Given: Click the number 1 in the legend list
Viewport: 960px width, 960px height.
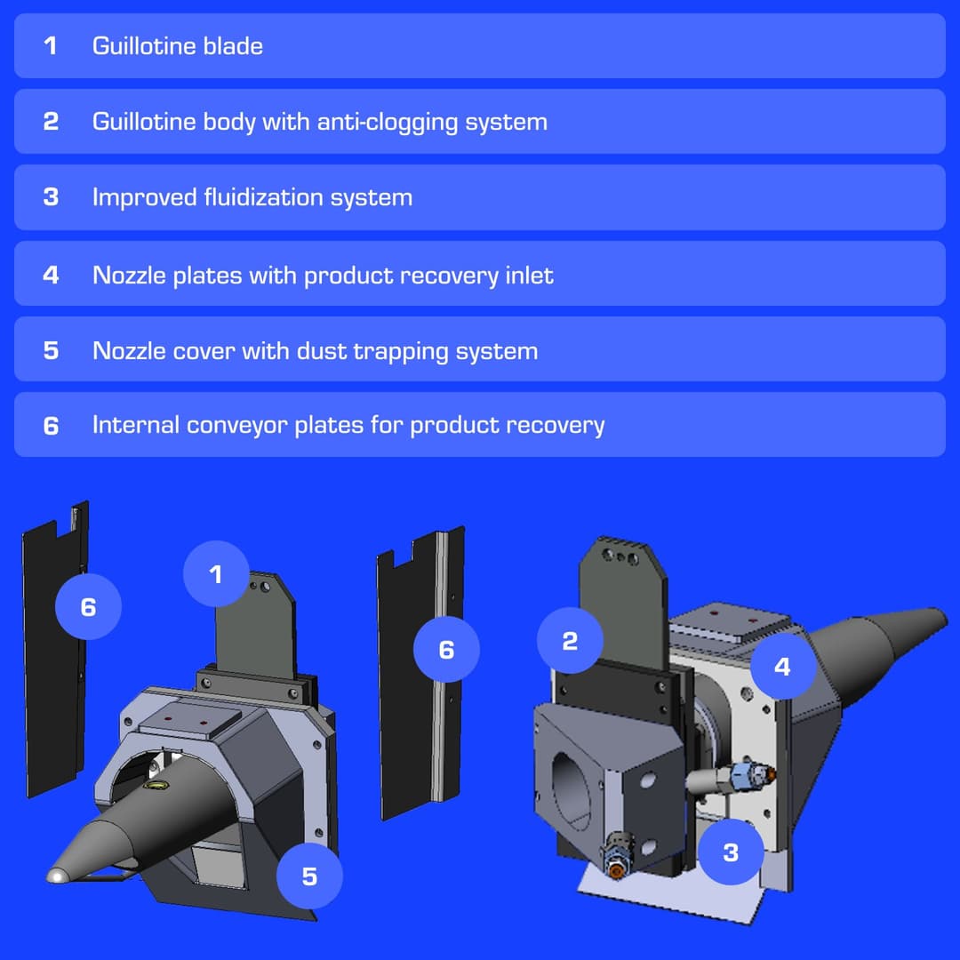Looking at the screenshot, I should (x=50, y=45).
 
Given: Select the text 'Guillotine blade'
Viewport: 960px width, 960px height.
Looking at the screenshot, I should (x=177, y=45).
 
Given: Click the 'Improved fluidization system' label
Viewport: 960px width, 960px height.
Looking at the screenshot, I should (x=252, y=196).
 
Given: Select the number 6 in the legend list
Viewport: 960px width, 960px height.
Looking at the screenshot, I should (x=50, y=426).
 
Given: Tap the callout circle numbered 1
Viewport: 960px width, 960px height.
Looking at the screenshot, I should (x=216, y=574).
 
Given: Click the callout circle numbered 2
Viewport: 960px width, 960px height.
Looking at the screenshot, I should (x=570, y=641).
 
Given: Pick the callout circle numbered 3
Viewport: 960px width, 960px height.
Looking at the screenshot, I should (x=731, y=852).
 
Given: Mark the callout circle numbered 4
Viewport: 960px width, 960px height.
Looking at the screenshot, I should (x=782, y=666).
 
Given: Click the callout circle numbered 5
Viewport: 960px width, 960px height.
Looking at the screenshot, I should (x=309, y=876).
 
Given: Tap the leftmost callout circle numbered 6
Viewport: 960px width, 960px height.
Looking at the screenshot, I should (x=88, y=606).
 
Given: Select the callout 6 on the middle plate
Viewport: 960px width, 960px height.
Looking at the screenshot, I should (x=446, y=650).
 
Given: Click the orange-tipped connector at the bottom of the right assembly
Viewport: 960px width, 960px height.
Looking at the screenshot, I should (x=615, y=868).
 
